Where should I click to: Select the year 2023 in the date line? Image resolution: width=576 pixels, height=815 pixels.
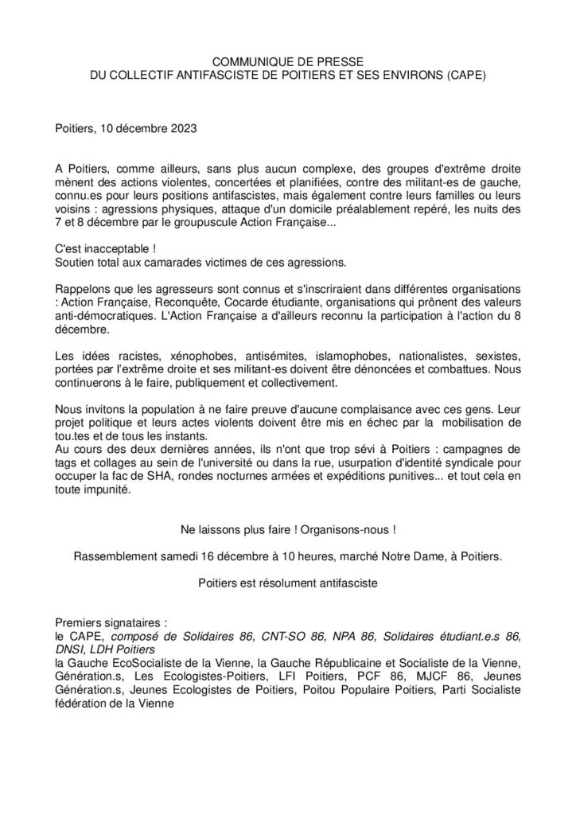pyautogui.click(x=179, y=127)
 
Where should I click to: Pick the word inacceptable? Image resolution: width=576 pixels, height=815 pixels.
pyautogui.click(x=116, y=250)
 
